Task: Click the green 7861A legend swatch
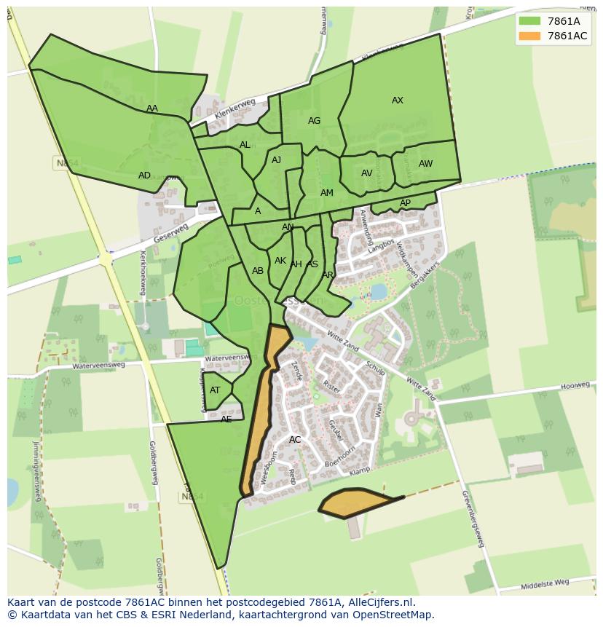click(x=529, y=21)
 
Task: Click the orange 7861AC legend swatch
click(x=529, y=36)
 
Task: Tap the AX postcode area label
click(x=398, y=100)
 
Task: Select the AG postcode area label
click(x=314, y=121)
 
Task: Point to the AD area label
click(x=144, y=176)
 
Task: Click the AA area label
click(x=151, y=109)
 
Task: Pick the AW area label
click(x=425, y=164)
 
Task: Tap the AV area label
click(x=367, y=173)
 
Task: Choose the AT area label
click(x=215, y=390)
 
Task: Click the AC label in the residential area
click(x=295, y=440)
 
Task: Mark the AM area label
click(x=327, y=193)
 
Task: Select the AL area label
click(x=245, y=145)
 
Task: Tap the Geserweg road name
click(x=172, y=233)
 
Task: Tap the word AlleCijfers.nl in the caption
click(x=379, y=602)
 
